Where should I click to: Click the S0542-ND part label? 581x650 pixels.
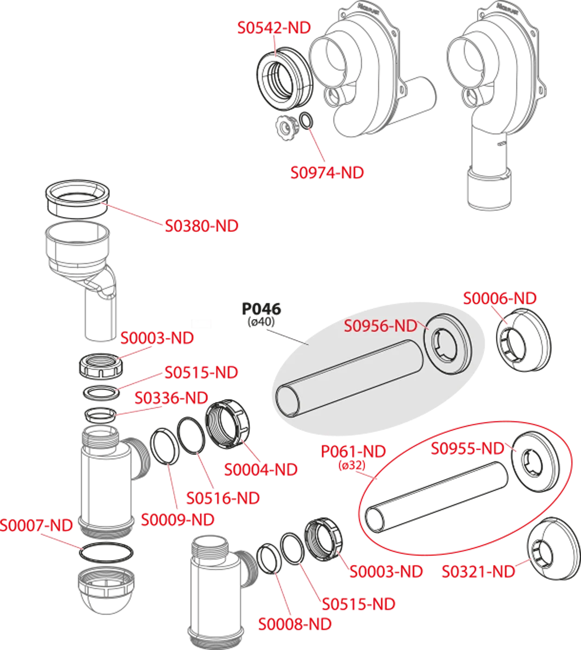pyautogui.click(x=273, y=28)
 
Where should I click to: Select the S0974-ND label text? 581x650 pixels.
pyautogui.click(x=328, y=173)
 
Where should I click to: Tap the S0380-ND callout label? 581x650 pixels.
pyautogui.click(x=201, y=226)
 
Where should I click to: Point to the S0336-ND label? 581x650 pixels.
pyautogui.click(x=171, y=398)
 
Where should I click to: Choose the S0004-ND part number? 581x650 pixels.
pyautogui.click(x=261, y=470)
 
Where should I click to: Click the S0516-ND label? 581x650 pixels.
pyautogui.click(x=223, y=498)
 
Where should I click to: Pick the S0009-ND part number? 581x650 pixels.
pyautogui.click(x=178, y=520)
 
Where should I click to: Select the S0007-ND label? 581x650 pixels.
pyautogui.click(x=36, y=525)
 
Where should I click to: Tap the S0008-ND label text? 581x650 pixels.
pyautogui.click(x=295, y=624)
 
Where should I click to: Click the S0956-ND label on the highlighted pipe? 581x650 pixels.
pyautogui.click(x=381, y=326)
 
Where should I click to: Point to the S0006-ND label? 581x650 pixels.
pyautogui.click(x=500, y=298)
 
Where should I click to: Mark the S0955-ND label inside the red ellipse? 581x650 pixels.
pyautogui.click(x=467, y=448)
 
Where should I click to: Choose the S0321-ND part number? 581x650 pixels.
pyautogui.click(x=478, y=571)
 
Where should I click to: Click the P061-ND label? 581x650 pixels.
pyautogui.click(x=354, y=451)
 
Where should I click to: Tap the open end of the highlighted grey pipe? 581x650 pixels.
pyautogui.click(x=287, y=401)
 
